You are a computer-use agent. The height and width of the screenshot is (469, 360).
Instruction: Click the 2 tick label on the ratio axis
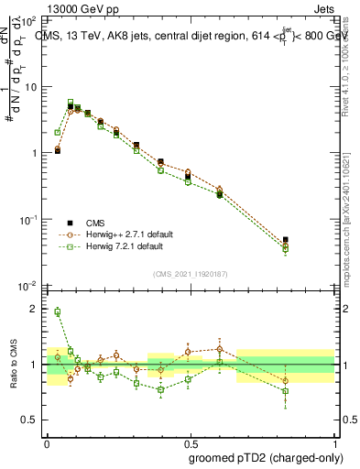tap(35, 309)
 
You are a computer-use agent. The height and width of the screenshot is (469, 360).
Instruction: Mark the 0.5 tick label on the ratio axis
tap(31, 420)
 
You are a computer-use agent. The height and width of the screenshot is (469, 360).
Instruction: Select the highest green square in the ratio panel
tap(57, 311)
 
